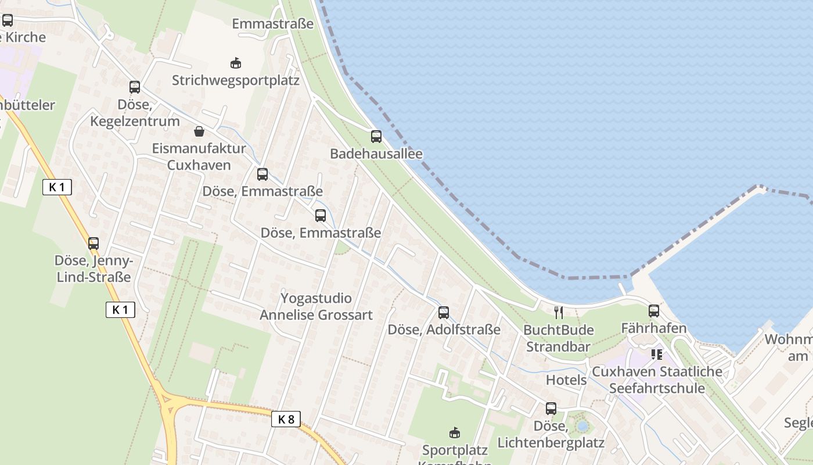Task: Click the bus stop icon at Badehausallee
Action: [x=376, y=137]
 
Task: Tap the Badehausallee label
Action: [x=376, y=154]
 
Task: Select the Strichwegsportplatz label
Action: [x=236, y=80]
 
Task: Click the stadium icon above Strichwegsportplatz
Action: [x=236, y=62]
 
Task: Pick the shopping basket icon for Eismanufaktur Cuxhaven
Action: [x=199, y=131]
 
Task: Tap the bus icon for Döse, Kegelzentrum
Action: [x=135, y=87]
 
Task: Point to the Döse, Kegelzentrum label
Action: [x=135, y=113]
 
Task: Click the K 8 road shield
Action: [x=286, y=419]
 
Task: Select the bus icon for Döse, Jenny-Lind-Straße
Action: [x=93, y=243]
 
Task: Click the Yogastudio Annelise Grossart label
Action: [x=316, y=306]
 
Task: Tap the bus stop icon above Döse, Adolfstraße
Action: [x=444, y=313]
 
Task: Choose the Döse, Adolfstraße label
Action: [x=444, y=330]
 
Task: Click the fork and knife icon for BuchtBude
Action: [x=559, y=313]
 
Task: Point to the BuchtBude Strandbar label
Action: [x=559, y=338]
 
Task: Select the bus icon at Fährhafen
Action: [x=654, y=311]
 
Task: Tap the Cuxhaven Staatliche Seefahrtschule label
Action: [x=657, y=380]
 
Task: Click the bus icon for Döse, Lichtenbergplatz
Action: [x=551, y=409]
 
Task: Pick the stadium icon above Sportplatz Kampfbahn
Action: [x=455, y=432]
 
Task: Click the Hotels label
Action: [x=566, y=380]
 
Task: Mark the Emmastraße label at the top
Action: [x=272, y=24]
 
